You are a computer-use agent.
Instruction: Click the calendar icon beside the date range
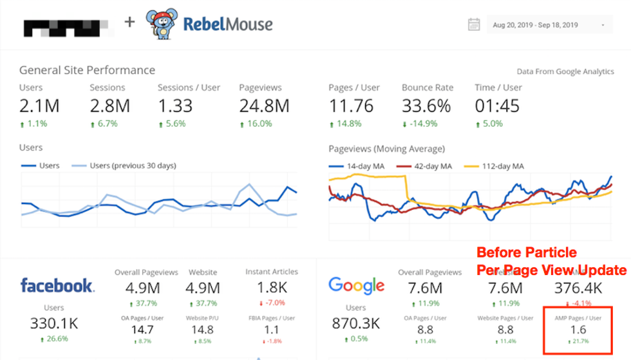(474, 25)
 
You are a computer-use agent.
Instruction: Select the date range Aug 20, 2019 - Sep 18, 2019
(535, 25)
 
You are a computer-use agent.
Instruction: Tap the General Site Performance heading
(87, 70)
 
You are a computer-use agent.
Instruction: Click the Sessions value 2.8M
(110, 106)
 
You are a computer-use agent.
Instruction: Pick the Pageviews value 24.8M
(264, 106)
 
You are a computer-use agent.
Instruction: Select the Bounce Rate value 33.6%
(426, 106)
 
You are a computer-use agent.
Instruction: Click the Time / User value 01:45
(497, 106)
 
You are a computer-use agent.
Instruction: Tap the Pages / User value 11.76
(352, 106)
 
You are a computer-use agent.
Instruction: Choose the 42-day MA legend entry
(428, 166)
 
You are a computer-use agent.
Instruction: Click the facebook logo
(57, 285)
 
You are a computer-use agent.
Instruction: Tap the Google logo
(356, 285)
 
